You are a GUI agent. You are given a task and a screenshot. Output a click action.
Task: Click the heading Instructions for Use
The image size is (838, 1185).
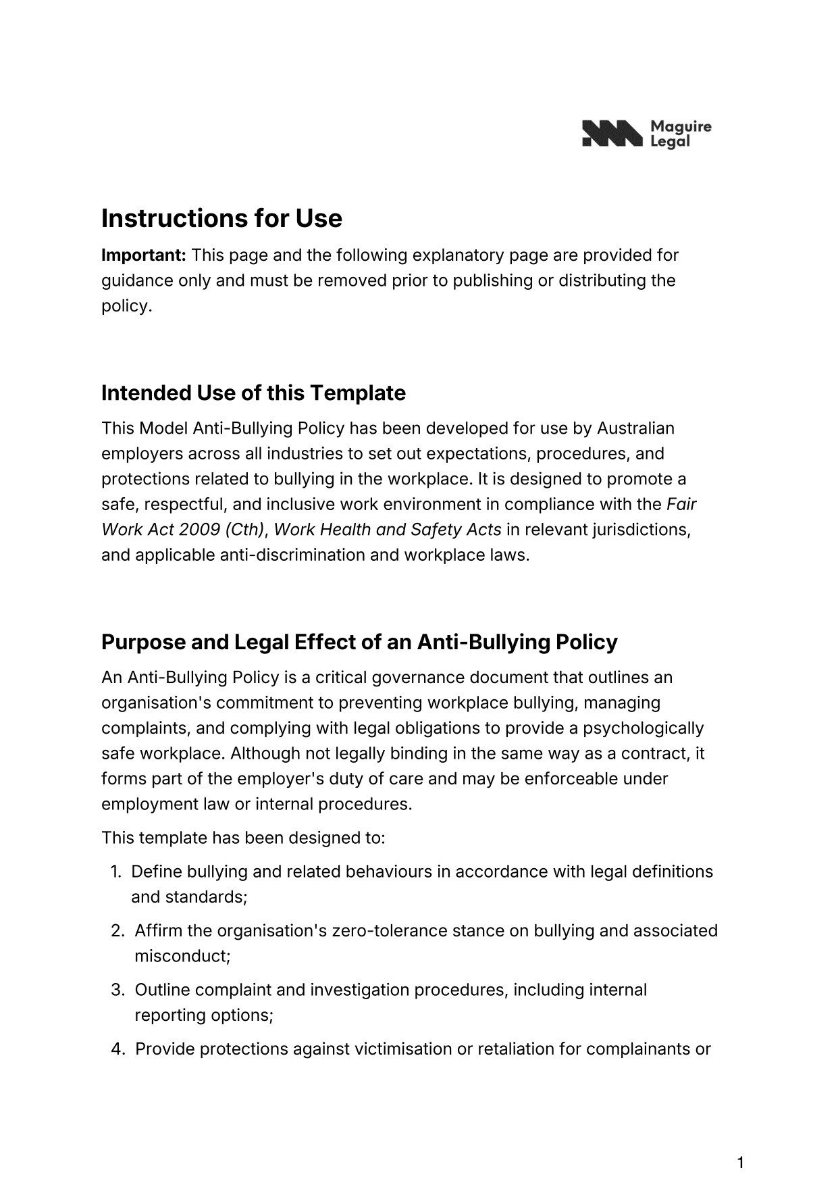point(221,218)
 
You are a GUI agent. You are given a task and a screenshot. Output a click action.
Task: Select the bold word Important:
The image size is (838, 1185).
point(144,255)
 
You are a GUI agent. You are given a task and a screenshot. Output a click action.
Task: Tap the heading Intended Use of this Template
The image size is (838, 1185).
point(253,393)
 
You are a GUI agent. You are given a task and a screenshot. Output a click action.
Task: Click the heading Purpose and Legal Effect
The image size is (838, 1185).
point(359,641)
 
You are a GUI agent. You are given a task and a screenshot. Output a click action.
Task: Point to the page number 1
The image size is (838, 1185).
point(740,1144)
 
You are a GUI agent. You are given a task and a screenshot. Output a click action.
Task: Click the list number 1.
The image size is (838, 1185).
point(115,872)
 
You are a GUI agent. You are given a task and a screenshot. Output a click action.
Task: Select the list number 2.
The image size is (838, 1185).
point(117,931)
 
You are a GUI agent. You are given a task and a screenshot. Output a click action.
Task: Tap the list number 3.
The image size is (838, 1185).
point(117,990)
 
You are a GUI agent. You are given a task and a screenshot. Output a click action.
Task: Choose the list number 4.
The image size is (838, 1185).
point(117,1049)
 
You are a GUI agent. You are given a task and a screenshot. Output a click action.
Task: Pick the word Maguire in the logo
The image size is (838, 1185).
point(680,127)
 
